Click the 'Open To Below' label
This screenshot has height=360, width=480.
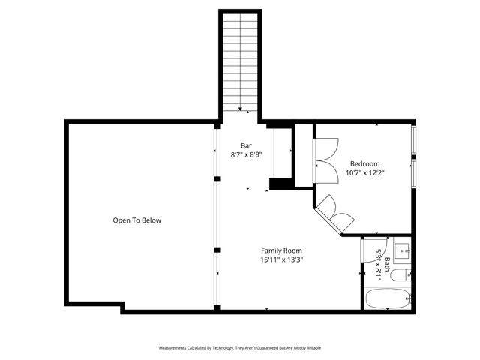click(136, 220)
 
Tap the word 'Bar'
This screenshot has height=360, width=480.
click(246, 145)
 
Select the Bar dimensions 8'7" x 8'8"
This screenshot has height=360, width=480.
click(246, 154)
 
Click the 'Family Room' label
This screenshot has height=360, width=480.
click(281, 250)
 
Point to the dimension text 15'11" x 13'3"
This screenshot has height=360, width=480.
click(281, 259)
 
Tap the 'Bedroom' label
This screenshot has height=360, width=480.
click(364, 164)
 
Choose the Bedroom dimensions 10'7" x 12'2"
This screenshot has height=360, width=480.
click(364, 173)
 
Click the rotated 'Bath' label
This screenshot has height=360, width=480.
click(387, 264)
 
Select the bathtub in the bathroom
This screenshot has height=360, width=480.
click(387, 299)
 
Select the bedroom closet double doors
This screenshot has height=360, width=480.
click(327, 159)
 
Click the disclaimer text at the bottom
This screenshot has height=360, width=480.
click(240, 348)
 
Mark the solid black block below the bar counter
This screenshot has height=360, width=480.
click(279, 183)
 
